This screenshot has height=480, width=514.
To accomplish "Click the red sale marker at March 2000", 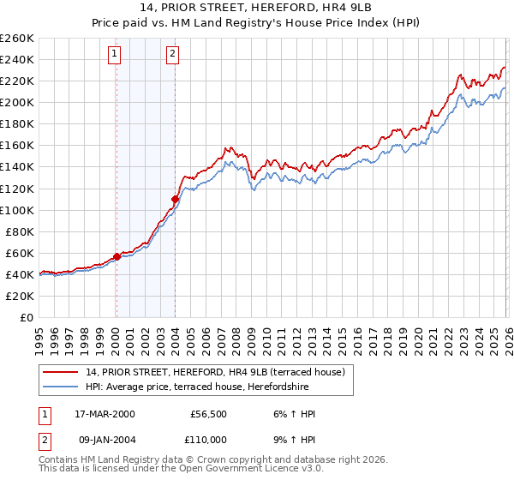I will click(x=117, y=256).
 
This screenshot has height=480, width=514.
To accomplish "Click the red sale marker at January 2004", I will click(x=175, y=199).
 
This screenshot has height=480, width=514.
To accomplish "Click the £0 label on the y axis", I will click(x=27, y=318).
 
